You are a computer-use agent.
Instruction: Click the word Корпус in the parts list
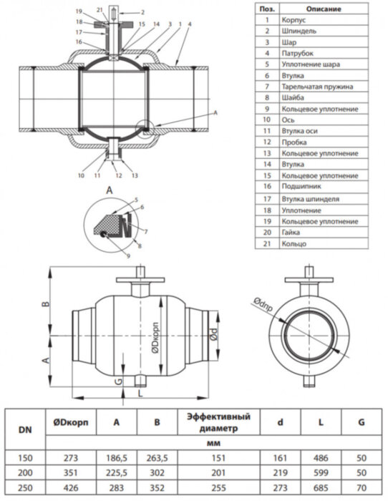(x=294, y=20)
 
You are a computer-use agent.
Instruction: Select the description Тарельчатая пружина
(x=317, y=87)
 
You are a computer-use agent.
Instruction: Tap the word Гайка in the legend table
(x=291, y=233)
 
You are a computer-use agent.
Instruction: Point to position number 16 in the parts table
(x=267, y=186)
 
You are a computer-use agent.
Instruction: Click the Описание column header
(x=323, y=9)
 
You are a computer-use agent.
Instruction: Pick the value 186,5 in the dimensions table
(x=117, y=458)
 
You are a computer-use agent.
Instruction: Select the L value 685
(x=321, y=487)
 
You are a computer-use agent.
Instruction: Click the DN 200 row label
(x=25, y=472)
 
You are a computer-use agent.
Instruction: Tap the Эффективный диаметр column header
(x=218, y=422)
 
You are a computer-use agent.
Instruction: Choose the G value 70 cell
(x=362, y=487)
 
